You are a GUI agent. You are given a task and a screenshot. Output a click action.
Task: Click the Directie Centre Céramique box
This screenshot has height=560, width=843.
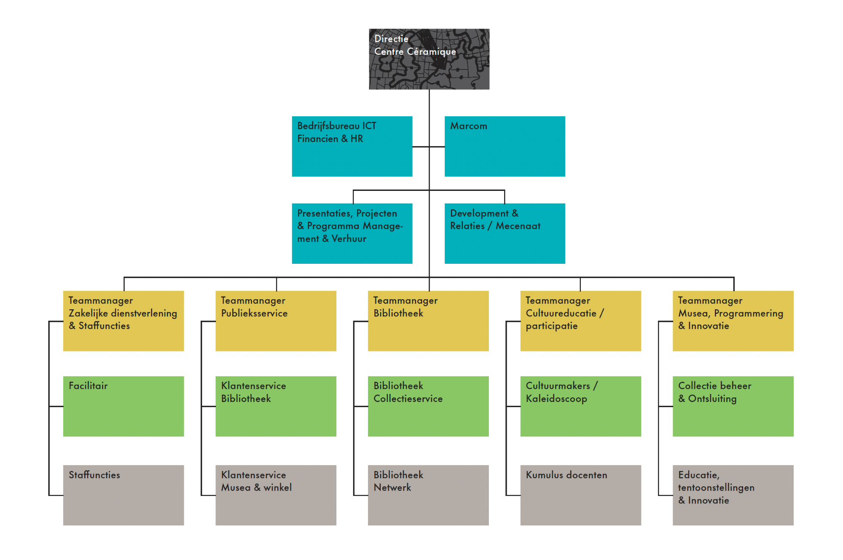point(429,59)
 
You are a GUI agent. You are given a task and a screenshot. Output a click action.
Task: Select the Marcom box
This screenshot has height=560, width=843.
point(505,146)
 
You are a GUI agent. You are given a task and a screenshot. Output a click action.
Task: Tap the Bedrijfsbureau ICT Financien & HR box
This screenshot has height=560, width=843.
point(352,146)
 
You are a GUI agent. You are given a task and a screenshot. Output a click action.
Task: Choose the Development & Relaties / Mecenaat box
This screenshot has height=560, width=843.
point(505,233)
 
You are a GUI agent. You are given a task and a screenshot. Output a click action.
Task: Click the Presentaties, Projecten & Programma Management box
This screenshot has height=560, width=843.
point(352,233)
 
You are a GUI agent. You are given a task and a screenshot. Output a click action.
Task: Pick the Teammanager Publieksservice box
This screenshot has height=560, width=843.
point(276,321)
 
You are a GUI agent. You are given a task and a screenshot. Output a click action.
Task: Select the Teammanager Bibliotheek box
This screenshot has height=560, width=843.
point(428,321)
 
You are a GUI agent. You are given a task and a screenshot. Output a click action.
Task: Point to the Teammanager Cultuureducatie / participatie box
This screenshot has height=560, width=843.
point(580,321)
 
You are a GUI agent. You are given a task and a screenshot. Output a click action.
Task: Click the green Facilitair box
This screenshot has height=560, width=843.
point(123,406)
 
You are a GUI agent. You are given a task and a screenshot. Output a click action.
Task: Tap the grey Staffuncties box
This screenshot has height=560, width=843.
point(123,495)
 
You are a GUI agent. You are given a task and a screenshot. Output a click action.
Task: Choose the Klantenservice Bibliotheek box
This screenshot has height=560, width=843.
point(276,406)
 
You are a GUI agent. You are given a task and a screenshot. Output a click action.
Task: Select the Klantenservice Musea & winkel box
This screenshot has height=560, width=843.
point(276,495)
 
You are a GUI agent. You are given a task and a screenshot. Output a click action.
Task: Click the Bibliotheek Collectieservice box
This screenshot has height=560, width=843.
point(428,406)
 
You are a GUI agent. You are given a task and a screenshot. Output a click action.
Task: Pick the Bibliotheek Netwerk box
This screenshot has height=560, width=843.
point(428,495)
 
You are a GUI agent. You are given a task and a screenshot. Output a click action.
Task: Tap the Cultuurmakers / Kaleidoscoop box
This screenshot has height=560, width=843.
point(580,406)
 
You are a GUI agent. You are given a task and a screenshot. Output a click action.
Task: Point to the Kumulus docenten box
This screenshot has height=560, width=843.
point(580,495)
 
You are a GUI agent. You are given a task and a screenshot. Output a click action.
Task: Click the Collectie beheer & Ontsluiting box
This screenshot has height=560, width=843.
point(733,406)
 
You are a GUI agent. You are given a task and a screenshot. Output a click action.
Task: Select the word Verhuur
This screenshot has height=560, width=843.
point(349,239)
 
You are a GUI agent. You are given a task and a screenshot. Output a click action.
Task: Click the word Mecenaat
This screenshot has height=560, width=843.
point(518,226)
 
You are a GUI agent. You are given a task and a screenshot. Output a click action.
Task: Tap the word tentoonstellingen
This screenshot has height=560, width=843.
point(716,488)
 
